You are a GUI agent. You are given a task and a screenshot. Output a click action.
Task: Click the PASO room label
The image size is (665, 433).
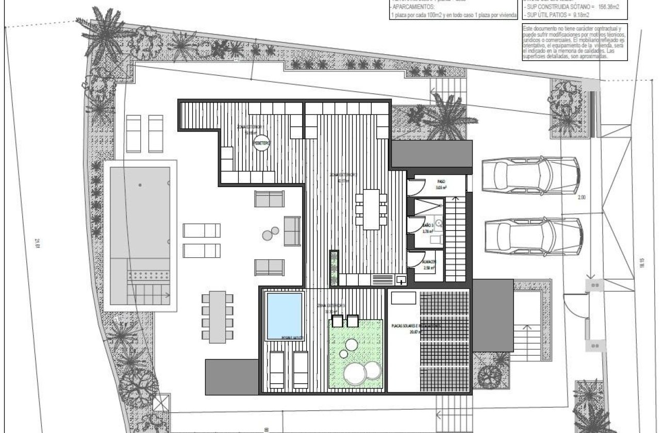(441, 182)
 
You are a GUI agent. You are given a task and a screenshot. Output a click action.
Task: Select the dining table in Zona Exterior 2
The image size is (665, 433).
(371, 209)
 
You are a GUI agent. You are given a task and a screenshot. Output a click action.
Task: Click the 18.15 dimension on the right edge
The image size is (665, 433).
(642, 263)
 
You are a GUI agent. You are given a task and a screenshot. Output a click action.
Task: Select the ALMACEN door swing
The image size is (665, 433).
(415, 258)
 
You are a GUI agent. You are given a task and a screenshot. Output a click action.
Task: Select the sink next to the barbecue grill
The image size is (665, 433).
(401, 280)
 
